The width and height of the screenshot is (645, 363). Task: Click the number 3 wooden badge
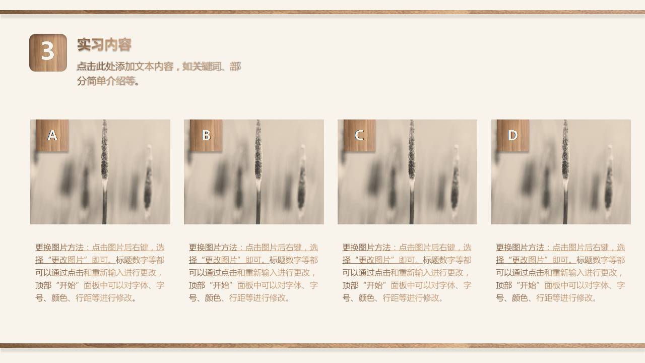tap(48, 52)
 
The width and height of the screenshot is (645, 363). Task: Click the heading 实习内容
tap(104, 45)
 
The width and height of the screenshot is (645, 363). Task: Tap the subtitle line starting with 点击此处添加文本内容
tap(159, 67)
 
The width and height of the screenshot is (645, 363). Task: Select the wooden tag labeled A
tap(52, 135)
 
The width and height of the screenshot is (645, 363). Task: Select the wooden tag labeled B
tap(206, 135)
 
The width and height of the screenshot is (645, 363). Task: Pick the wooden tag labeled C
tap(359, 135)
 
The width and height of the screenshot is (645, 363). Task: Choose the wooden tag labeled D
tap(513, 135)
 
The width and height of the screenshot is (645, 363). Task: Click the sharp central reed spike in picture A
tap(105, 156)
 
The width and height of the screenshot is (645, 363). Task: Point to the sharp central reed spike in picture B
tap(259, 156)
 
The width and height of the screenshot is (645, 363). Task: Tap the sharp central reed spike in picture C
tap(412, 156)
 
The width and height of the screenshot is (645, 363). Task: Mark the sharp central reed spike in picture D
tap(565, 156)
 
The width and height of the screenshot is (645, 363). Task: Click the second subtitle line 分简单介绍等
tap(108, 81)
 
